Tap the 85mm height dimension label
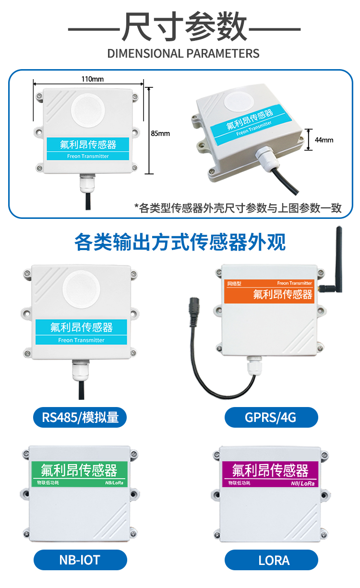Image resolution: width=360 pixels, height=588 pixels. click(x=160, y=133)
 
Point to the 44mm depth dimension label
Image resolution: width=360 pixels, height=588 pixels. click(x=324, y=140)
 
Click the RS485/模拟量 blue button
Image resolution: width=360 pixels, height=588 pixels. click(x=80, y=417)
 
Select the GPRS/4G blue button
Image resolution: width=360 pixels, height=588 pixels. click(x=271, y=417)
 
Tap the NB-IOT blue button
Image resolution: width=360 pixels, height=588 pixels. click(x=80, y=560)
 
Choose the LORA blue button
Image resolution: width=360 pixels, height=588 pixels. click(x=271, y=560)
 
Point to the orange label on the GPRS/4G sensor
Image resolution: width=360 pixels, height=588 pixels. click(x=269, y=291)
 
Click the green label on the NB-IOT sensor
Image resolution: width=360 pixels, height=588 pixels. click(x=80, y=472)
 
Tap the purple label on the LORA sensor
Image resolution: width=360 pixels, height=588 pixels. click(x=272, y=472)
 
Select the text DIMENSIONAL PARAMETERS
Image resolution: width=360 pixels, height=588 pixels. click(x=183, y=53)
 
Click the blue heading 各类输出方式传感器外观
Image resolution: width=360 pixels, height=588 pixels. click(x=180, y=242)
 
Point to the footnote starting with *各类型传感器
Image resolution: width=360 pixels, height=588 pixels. click(x=238, y=208)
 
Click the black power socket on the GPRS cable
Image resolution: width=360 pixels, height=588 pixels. click(x=195, y=304)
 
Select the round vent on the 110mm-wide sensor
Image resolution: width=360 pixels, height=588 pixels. click(x=87, y=110)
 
